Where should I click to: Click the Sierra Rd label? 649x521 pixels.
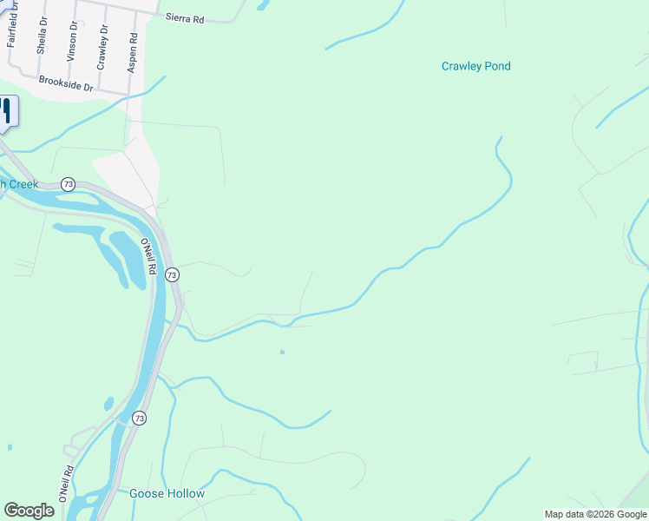coord(185,17)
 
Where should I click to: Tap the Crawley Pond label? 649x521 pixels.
coord(475,66)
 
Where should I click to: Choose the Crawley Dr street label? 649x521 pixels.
coord(102,47)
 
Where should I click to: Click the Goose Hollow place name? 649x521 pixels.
coord(167,494)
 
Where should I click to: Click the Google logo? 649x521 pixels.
coord(29,511)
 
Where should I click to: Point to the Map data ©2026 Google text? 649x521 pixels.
coord(595,514)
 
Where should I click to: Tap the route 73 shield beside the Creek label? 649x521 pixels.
coord(69,184)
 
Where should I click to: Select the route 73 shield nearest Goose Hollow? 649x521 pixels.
coord(140,418)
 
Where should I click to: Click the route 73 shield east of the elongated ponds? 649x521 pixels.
coord(172,274)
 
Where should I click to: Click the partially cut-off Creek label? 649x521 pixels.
coord(18,184)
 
